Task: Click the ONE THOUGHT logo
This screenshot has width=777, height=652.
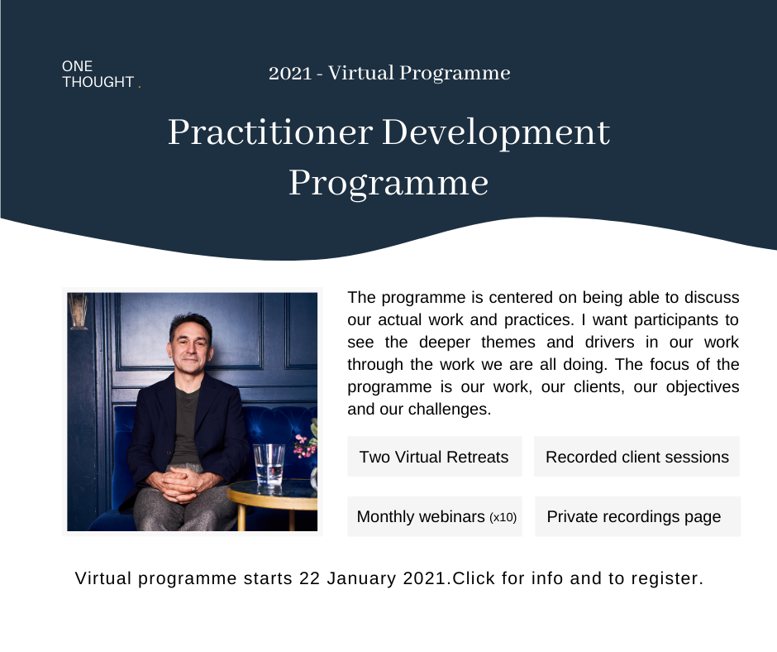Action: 101,74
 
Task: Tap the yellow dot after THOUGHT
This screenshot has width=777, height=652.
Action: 140,87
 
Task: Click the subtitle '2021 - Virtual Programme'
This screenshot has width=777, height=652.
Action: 389,73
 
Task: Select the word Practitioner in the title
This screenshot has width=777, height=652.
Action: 270,132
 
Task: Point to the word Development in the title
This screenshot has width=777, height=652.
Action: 496,134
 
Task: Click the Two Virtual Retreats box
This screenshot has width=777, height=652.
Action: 435,457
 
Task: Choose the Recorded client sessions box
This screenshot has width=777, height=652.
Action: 636,457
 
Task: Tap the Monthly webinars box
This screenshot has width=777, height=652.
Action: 435,516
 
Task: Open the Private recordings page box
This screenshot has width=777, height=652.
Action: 638,516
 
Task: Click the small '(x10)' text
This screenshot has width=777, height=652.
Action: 503,517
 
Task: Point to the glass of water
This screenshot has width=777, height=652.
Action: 269,464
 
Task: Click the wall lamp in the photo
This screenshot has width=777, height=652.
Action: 78,310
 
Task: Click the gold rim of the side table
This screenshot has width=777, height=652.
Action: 272,499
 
